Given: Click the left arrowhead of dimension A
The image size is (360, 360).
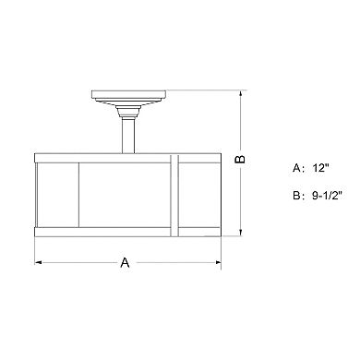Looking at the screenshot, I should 40,264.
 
